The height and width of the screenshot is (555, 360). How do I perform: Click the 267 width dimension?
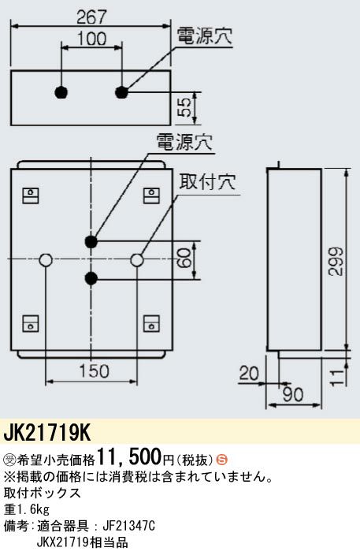(91, 17)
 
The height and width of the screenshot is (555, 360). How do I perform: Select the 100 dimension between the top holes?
(91, 38)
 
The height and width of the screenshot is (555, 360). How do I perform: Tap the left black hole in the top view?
(61, 92)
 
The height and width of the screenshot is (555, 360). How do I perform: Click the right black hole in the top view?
(121, 92)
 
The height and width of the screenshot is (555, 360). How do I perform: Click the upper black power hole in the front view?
(91, 242)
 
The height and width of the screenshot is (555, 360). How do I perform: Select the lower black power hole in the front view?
(91, 278)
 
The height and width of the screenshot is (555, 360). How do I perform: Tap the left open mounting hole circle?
(46, 260)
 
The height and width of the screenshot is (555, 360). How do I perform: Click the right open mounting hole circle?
(137, 260)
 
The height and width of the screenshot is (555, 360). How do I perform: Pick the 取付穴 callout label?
(208, 182)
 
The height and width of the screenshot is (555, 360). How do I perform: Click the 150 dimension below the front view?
(94, 371)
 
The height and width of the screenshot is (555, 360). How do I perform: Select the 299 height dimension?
(335, 262)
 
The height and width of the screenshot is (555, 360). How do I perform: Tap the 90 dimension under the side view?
(293, 395)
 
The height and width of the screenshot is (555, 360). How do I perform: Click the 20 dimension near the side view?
(249, 373)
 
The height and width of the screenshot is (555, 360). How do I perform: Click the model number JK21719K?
(47, 433)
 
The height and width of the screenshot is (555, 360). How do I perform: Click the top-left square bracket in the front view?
(31, 196)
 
